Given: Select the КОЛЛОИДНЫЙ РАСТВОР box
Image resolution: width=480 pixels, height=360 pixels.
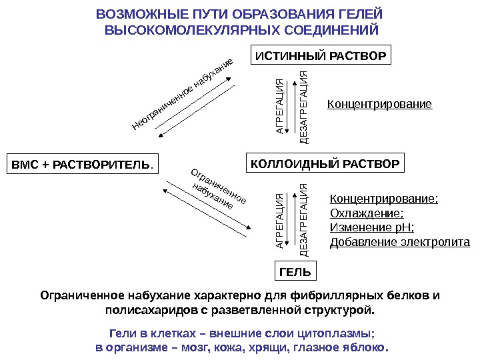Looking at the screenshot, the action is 325,163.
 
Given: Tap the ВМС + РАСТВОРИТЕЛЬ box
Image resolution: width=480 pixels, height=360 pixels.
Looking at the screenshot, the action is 83,165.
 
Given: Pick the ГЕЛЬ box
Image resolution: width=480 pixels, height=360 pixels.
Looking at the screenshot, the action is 295,272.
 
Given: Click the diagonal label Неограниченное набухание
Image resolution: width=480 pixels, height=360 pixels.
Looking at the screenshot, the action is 183,93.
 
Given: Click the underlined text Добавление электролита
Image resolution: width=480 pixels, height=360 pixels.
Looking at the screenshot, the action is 400,241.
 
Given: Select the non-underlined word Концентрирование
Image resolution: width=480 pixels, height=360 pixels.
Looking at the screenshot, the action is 379,105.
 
